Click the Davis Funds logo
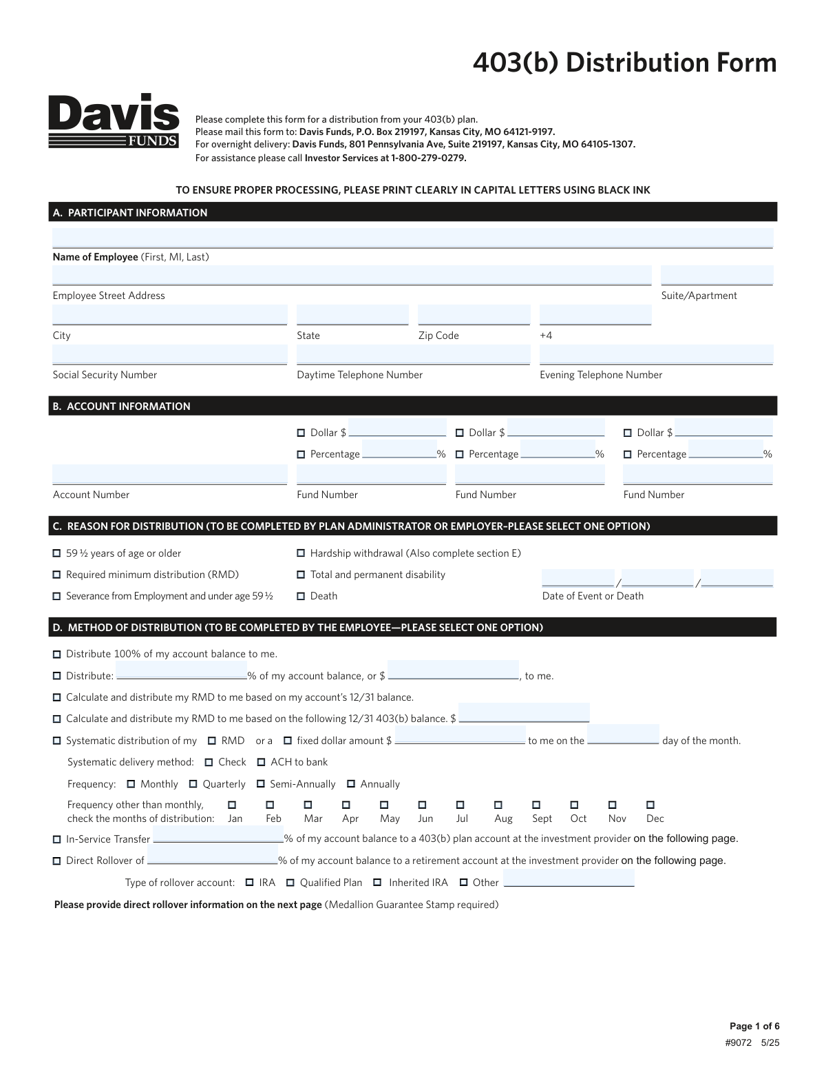pyautogui.click(x=114, y=121)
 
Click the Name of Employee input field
pyautogui.click(x=412, y=238)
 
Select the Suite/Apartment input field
pyautogui.click(x=717, y=276)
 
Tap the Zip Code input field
pyautogui.click(x=474, y=315)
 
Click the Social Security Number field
pyautogui.click(x=169, y=355)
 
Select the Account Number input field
pyautogui.click(x=169, y=475)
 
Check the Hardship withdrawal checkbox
pyautogui.click(x=301, y=553)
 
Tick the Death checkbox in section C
pyautogui.click(x=301, y=596)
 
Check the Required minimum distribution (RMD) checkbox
pyautogui.click(x=57, y=575)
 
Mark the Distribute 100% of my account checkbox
pyautogui.click(x=57, y=655)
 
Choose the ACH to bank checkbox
pyautogui.click(x=262, y=762)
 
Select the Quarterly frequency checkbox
pyautogui.click(x=193, y=784)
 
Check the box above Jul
pyautogui.click(x=460, y=805)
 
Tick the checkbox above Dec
pyautogui.click(x=650, y=805)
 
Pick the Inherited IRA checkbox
pyautogui.click(x=377, y=883)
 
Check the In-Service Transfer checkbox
pyautogui.click(x=57, y=840)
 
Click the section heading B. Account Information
pyautogui.click(x=122, y=407)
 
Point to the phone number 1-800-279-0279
pyautogui.click(x=428, y=158)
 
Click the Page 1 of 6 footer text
pyautogui.click(x=754, y=1026)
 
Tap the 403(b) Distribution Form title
pyautogui.click(x=624, y=63)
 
